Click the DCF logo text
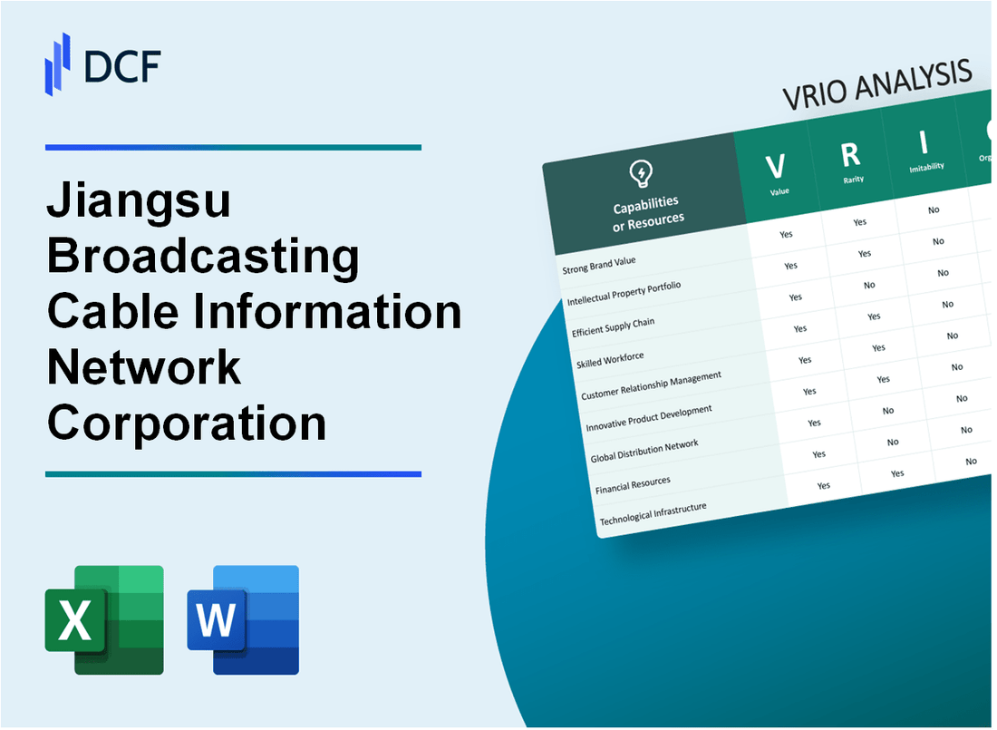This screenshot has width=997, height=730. click(121, 65)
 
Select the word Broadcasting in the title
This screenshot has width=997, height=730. click(203, 258)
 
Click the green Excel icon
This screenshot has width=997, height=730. click(104, 620)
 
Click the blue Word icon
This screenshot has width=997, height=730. click(243, 620)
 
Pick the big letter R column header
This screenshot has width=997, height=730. click(850, 155)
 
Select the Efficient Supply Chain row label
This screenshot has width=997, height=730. click(614, 327)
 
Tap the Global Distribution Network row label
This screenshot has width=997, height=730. click(644, 451)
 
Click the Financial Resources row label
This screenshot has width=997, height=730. click(633, 485)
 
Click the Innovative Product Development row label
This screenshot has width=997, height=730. click(649, 418)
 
